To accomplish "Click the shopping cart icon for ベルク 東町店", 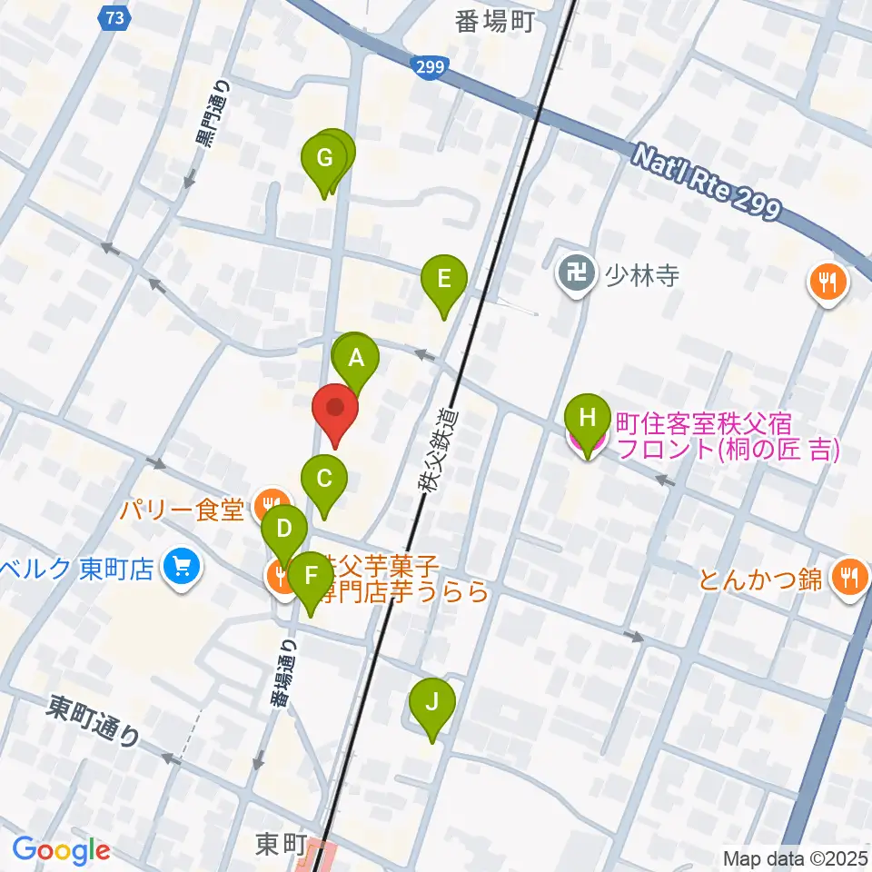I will [182, 569].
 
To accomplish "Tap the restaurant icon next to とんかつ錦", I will [849, 577].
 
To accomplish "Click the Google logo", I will [61, 850].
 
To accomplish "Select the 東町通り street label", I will [94, 720].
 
